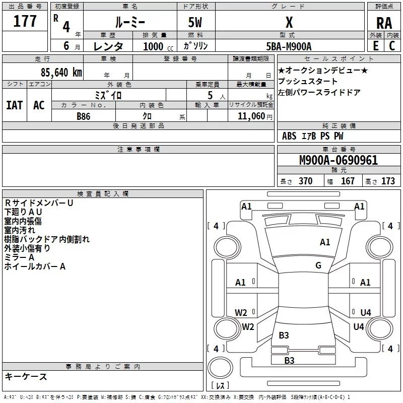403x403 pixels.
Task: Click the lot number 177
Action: pos(25,22)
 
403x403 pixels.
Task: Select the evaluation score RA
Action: pos(384,23)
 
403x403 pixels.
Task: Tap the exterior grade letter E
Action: pos(375,45)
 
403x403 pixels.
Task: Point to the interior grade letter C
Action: pos(392,45)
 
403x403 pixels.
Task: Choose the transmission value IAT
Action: pos(15,105)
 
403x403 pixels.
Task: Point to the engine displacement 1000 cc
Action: pos(153,46)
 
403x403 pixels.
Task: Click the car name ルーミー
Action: pos(129,23)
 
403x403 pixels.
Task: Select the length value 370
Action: pos(305,181)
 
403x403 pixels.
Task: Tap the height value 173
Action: pos(388,181)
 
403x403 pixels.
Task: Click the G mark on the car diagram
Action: pos(318,265)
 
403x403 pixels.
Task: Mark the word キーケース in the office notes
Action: pos(26,376)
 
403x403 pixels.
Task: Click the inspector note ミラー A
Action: pos(19,257)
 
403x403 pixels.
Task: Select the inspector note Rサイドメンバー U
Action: pos(39,203)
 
